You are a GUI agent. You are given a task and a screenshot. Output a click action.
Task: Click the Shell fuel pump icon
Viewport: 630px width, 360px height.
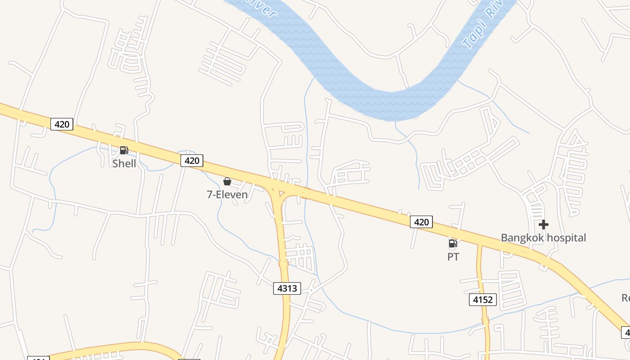click(x=124, y=150)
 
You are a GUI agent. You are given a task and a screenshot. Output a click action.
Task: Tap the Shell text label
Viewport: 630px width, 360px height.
click(x=124, y=163)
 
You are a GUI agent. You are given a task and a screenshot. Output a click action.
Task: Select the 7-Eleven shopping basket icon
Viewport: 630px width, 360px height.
click(x=227, y=181)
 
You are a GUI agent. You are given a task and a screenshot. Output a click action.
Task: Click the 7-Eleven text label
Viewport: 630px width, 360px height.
click(x=227, y=194)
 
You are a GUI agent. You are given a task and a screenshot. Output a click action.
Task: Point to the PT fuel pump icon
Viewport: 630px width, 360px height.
click(x=453, y=244)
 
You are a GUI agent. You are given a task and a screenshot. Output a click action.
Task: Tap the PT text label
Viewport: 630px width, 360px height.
click(x=453, y=257)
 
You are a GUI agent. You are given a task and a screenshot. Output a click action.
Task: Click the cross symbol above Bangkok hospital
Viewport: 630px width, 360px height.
click(x=544, y=224)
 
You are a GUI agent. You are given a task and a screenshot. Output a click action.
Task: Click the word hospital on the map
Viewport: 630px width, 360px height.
click(x=566, y=238)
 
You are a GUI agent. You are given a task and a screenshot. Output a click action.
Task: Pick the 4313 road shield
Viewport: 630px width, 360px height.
click(x=287, y=288)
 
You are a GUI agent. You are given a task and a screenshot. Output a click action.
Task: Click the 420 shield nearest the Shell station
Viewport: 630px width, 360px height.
click(x=62, y=124)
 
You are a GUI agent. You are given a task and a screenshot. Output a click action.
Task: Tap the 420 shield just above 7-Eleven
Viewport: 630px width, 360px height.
click(x=192, y=160)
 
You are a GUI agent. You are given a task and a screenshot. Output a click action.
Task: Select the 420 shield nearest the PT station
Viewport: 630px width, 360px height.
click(x=421, y=221)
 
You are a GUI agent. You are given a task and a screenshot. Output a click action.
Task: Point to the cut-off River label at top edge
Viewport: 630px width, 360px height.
click(x=268, y=8)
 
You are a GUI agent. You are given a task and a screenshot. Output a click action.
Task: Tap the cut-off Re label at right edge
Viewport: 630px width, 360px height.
click(x=625, y=298)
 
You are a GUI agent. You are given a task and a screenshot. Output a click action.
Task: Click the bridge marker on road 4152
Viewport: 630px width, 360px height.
click(x=485, y=321)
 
